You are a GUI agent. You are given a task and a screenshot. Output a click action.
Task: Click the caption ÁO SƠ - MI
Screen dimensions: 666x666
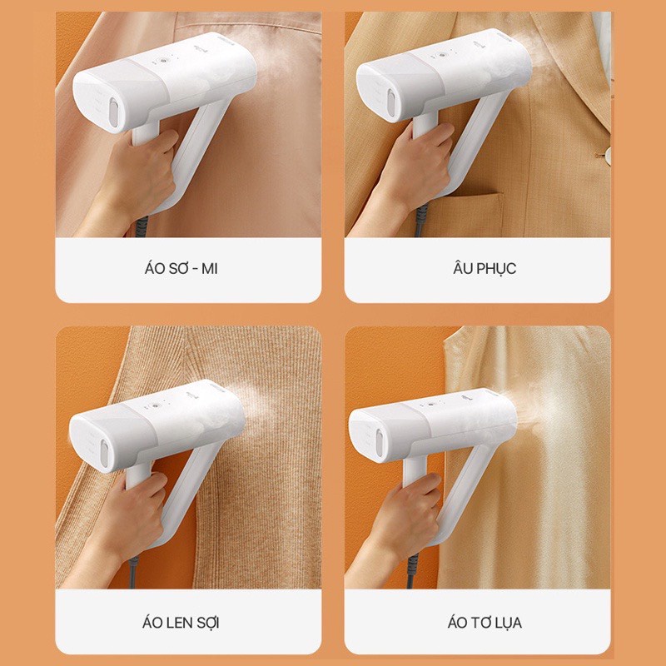[x=188, y=269]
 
